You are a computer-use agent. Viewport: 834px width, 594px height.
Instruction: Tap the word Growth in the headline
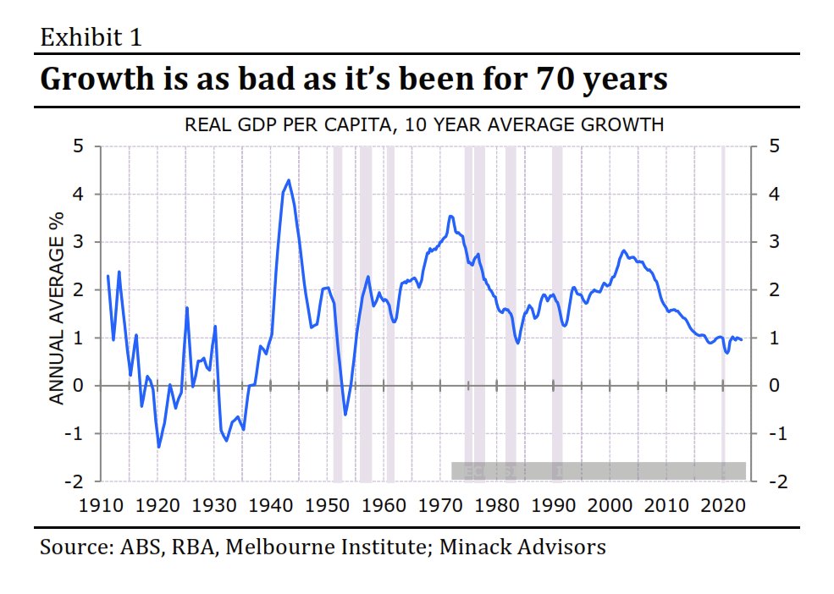94,80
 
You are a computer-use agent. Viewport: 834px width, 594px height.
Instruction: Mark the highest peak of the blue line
289,180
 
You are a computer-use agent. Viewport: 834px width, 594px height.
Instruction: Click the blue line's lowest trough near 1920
158,447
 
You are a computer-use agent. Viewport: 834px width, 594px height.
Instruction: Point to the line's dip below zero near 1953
345,415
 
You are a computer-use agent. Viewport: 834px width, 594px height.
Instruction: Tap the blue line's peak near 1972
450,217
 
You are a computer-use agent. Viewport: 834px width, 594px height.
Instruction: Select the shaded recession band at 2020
723,313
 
